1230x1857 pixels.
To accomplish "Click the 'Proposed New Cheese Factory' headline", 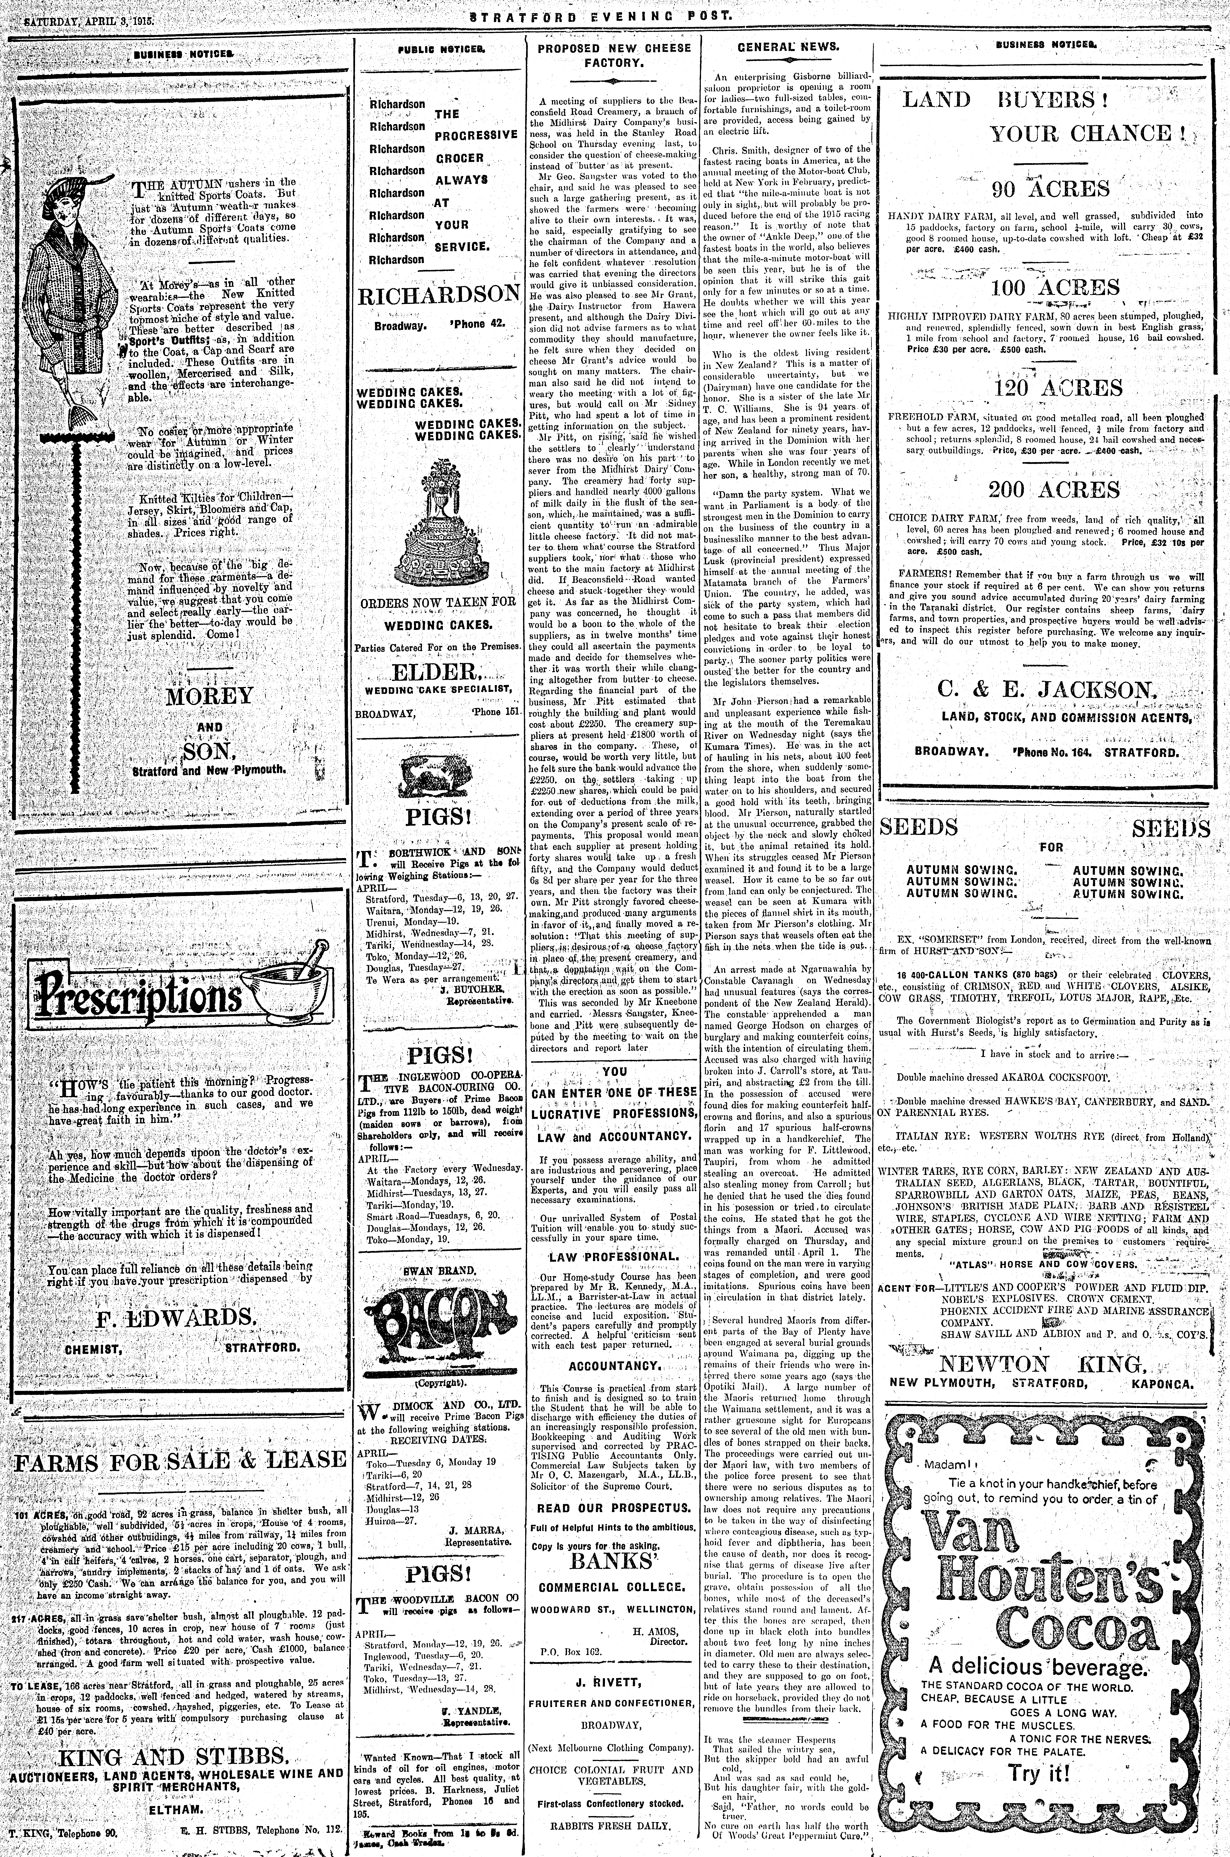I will pyautogui.click(x=614, y=55).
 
